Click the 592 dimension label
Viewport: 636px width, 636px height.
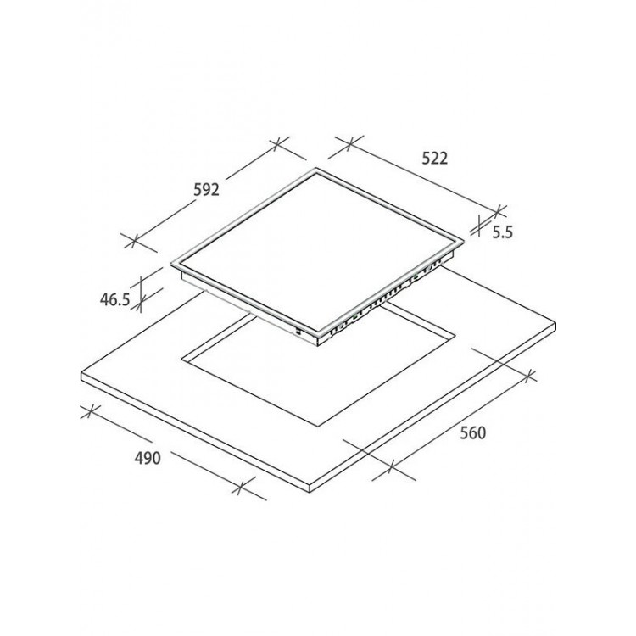[x=206, y=190]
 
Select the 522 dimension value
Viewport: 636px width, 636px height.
[x=435, y=159]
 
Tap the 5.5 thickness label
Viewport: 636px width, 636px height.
[x=503, y=232]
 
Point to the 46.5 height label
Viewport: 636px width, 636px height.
[x=114, y=299]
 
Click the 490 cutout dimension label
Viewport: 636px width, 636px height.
[x=148, y=458]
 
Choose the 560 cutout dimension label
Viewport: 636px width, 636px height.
[x=472, y=433]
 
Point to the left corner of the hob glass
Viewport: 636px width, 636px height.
[x=171, y=263]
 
